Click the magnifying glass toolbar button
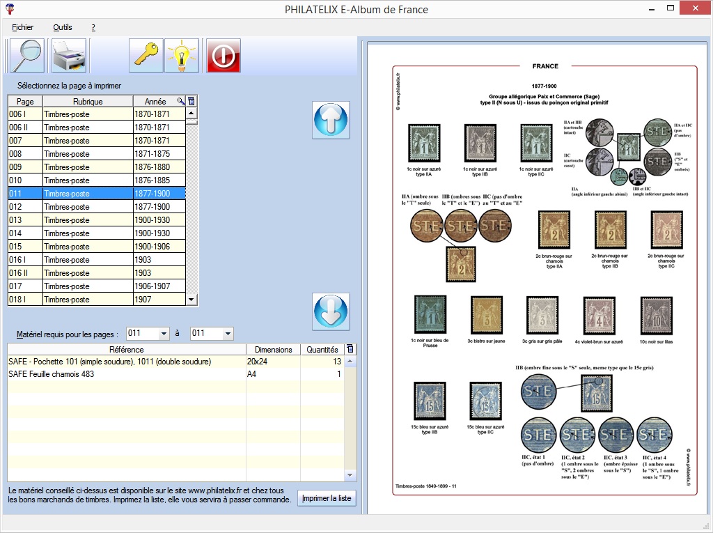27,56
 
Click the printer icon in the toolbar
69,56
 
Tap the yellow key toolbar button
146,56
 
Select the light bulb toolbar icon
182,56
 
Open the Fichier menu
23,27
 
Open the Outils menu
63,27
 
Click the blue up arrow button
331,121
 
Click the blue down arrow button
331,311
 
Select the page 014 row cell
24,233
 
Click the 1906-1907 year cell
159,286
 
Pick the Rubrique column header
88,102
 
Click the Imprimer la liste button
327,499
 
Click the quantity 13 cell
322,362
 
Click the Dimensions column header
273,350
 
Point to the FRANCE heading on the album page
545,66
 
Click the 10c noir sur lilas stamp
656,316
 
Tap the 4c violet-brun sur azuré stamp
599,316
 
